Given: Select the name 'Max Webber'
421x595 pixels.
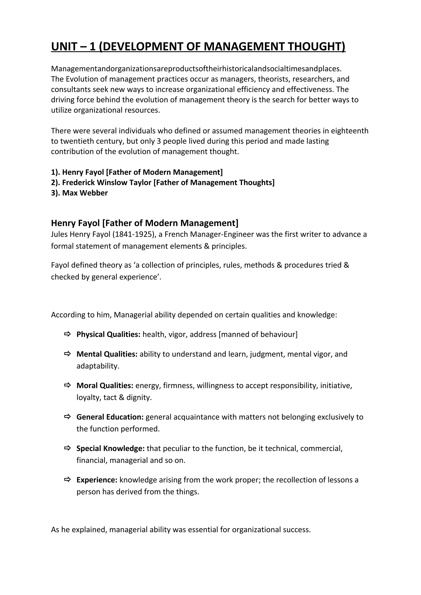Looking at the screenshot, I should click(x=85, y=193).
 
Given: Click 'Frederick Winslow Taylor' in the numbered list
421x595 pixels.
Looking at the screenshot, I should click(x=107, y=183).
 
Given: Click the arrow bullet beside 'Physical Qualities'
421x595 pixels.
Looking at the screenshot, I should click(x=67, y=334).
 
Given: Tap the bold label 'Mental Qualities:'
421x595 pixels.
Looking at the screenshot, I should click(x=107, y=354).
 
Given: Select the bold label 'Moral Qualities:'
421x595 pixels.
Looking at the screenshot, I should click(x=105, y=386).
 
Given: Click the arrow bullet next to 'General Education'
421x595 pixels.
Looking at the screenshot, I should click(x=67, y=417).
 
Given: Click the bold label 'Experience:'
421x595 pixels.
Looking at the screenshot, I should click(x=97, y=480).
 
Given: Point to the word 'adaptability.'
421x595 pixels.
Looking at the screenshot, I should click(x=98, y=366).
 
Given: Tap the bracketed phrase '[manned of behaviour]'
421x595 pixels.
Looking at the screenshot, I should click(x=258, y=334).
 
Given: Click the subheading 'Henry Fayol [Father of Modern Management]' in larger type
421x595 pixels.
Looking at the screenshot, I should click(x=145, y=223).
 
